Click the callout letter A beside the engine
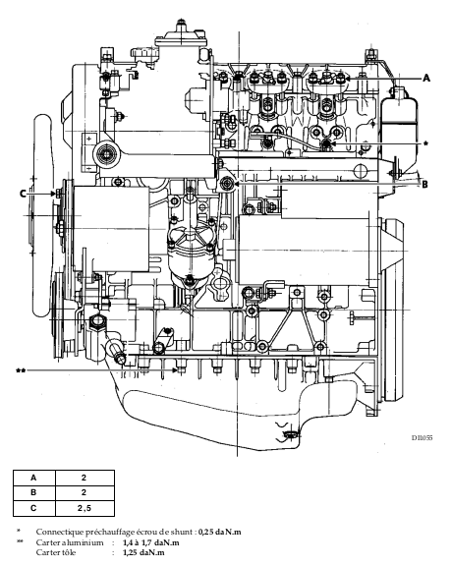[x=426, y=78]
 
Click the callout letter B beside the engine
[x=425, y=184]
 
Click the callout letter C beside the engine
[x=23, y=194]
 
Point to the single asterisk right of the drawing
[x=425, y=143]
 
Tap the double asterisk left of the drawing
[x=21, y=370]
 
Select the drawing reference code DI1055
[x=422, y=438]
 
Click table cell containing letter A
[x=34, y=478]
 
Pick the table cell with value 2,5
[x=85, y=508]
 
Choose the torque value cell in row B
[x=85, y=493]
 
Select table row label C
[x=34, y=508]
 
